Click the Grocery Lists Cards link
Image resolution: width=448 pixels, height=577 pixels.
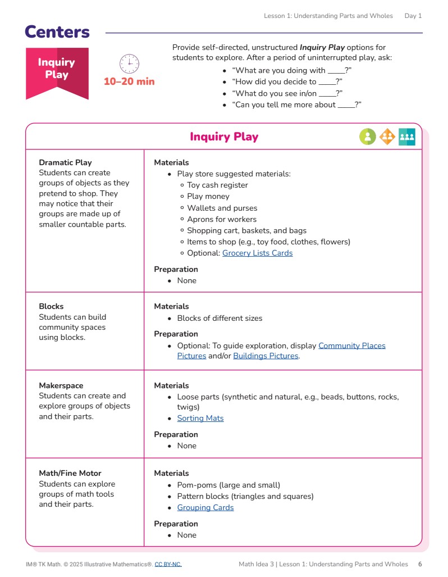tap(257, 253)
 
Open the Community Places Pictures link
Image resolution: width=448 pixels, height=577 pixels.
tap(351, 346)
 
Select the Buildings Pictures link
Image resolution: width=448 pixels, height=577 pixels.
tap(266, 356)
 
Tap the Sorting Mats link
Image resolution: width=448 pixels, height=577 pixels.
tap(200, 418)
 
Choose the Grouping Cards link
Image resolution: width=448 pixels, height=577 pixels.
tap(205, 507)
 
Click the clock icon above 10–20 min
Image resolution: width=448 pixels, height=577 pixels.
tap(129, 63)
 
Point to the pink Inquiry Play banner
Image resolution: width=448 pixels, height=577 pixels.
tap(57, 70)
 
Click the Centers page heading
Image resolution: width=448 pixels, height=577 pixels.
tap(57, 32)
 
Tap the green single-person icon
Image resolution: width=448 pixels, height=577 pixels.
tap(368, 137)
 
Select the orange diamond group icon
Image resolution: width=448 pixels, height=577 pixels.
tap(387, 137)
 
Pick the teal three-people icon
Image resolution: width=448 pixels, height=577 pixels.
tap(407, 137)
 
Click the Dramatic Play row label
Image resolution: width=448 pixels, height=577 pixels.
tap(65, 162)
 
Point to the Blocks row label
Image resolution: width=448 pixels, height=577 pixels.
tap(51, 306)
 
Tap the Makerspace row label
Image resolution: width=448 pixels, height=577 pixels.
tap(61, 385)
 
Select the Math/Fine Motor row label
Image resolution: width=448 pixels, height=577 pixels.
tap(70, 473)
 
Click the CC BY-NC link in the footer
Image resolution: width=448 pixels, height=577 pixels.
tap(168, 564)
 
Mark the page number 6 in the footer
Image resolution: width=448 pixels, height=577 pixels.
tap(420, 564)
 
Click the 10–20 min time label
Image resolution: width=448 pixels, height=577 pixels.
tap(129, 81)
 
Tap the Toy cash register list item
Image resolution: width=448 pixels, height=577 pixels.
tap(217, 185)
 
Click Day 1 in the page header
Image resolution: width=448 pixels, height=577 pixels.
tap(413, 16)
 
